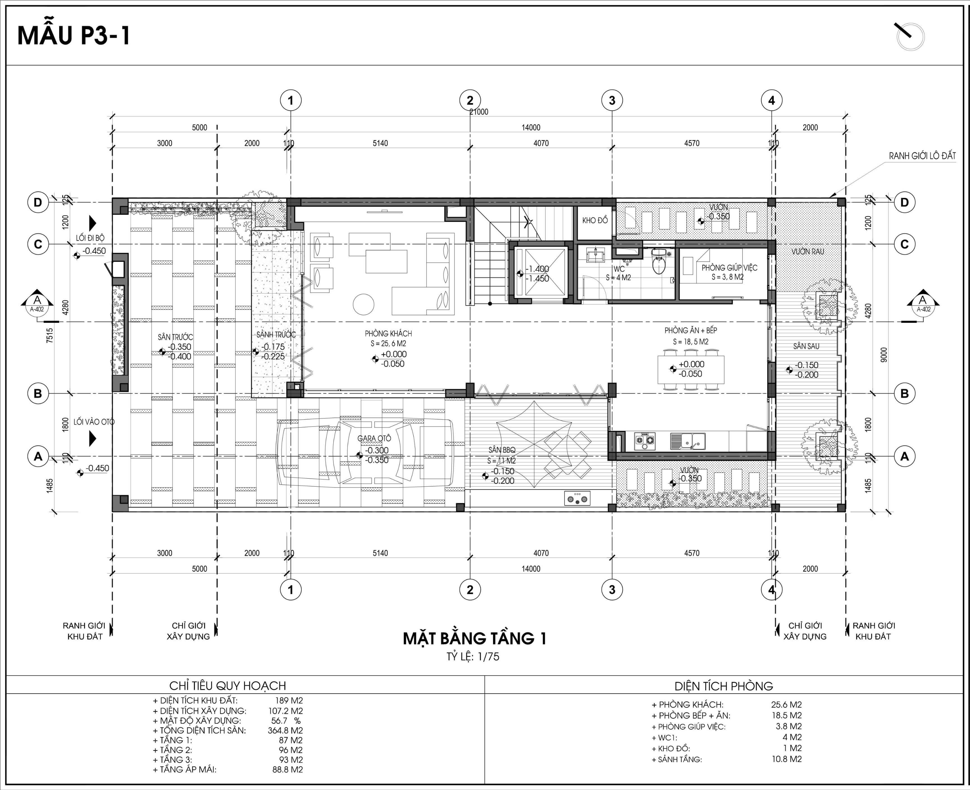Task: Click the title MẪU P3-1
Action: [x=74, y=36]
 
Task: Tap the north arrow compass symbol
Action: [x=910, y=37]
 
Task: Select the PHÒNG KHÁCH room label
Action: [x=388, y=334]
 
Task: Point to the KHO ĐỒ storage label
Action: [x=595, y=221]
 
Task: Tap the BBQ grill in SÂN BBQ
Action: [x=577, y=498]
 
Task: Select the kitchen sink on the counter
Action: [x=687, y=440]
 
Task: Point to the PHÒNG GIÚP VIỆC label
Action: [x=729, y=268]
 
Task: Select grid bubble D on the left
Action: [x=38, y=202]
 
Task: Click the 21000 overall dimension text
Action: [x=479, y=112]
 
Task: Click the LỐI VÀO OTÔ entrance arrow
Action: [x=93, y=438]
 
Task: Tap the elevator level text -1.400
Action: [x=537, y=269]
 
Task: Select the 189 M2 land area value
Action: [x=289, y=700]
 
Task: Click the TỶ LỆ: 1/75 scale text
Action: [x=473, y=657]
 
